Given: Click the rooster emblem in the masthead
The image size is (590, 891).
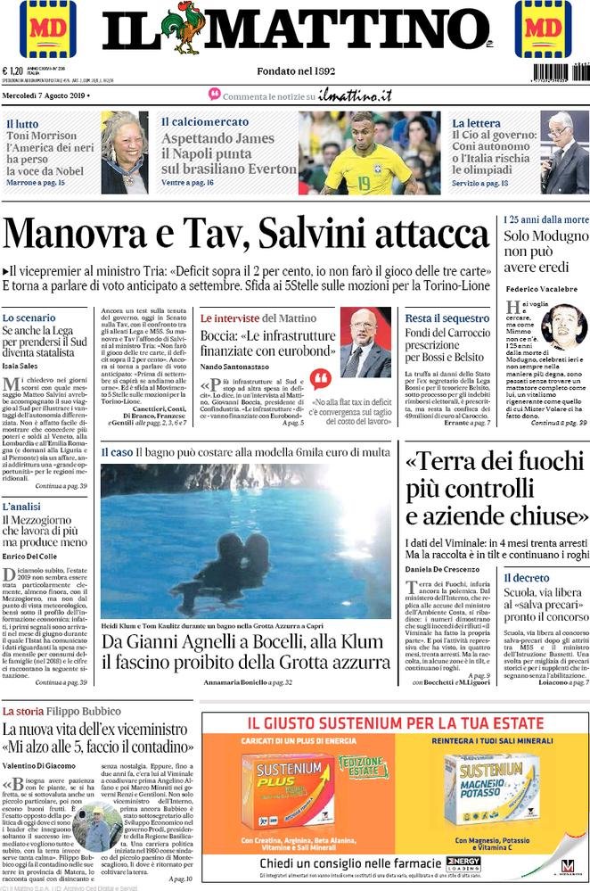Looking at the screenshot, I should click(188, 29).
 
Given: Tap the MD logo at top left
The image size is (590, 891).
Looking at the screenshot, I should click(47, 29).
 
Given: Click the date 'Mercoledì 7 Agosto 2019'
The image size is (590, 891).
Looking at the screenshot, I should click(52, 95).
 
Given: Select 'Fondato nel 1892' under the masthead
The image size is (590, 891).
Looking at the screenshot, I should click(297, 70).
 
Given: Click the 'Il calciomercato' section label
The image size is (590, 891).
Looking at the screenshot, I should click(200, 122).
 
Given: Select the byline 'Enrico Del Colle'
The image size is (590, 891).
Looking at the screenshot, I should click(33, 556).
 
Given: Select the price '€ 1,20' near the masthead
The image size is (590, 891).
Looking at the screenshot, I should click(13, 70).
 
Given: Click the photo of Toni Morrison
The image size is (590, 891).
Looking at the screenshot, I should click(124, 152).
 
